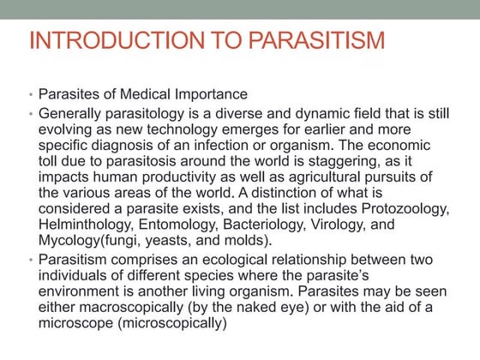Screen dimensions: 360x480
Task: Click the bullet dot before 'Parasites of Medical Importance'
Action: point(31,94)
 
